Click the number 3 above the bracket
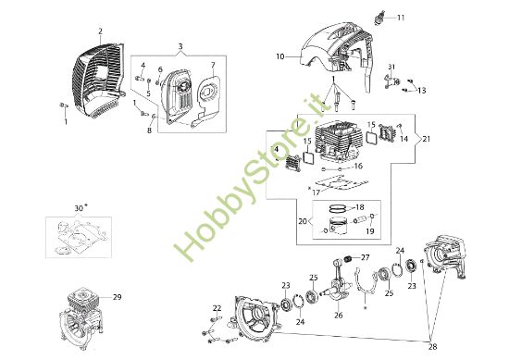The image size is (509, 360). pyautogui.click(x=180, y=45)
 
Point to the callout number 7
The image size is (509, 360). pyautogui.click(x=212, y=65)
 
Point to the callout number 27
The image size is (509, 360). pyautogui.click(x=366, y=256)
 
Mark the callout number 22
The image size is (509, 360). pyautogui.click(x=217, y=308)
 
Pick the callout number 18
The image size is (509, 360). pyautogui.click(x=361, y=207)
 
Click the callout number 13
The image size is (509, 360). pyautogui.click(x=421, y=91)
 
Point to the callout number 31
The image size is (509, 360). pyautogui.click(x=391, y=67)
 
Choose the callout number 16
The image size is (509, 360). pyautogui.click(x=357, y=167)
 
